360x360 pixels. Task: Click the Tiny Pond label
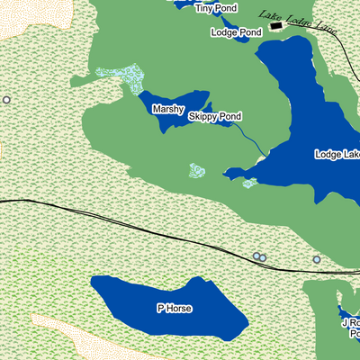(x=217, y=8)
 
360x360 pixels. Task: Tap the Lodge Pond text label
(x=236, y=32)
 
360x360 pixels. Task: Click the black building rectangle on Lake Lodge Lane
(x=275, y=26)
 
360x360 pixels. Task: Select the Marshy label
(x=167, y=109)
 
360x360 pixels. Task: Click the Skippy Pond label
(x=215, y=117)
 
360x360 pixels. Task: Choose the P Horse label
(x=175, y=309)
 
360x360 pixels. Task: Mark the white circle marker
(x=7, y=100)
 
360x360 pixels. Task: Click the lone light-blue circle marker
(x=317, y=259)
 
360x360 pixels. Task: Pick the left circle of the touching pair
(x=256, y=256)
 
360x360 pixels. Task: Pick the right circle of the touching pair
(x=263, y=257)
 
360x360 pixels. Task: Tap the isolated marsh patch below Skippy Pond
(x=197, y=170)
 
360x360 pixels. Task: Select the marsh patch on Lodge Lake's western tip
(x=249, y=183)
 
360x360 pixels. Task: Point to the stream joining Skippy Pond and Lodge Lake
(x=252, y=139)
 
